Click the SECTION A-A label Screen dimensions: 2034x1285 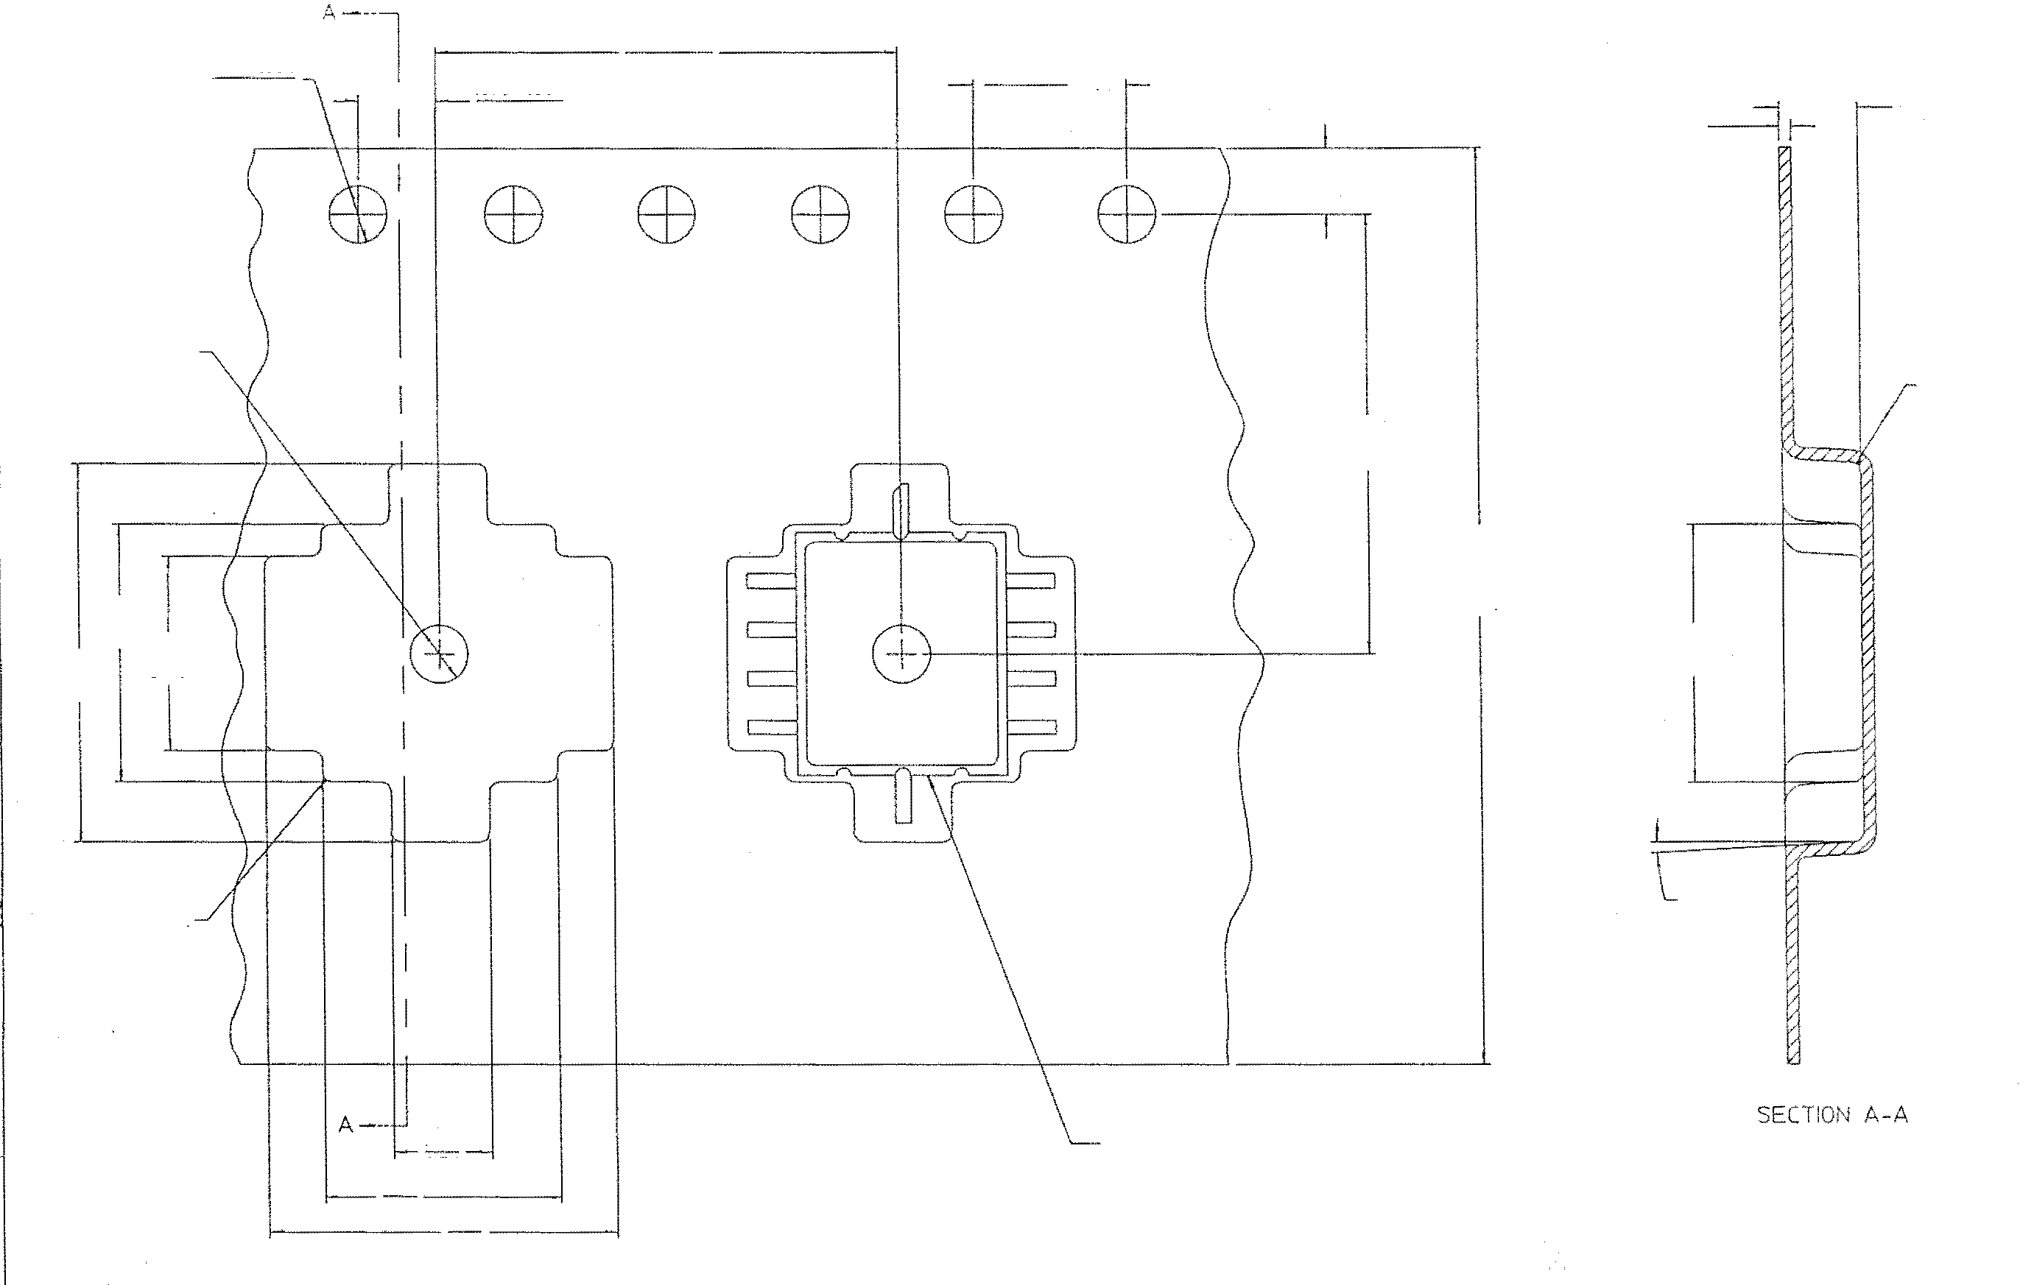[x=1832, y=1114]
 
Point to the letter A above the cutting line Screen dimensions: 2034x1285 [x=328, y=13]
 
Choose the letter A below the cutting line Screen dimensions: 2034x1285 [x=345, y=1125]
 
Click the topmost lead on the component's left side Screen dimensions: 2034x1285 [x=771, y=581]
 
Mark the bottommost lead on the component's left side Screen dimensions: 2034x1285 [x=771, y=726]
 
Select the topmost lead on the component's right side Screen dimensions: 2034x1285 [x=1030, y=581]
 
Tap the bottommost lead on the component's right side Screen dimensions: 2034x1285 [x=1030, y=726]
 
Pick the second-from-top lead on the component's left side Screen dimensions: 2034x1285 [x=771, y=629]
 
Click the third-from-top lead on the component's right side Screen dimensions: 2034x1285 [x=1030, y=678]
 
